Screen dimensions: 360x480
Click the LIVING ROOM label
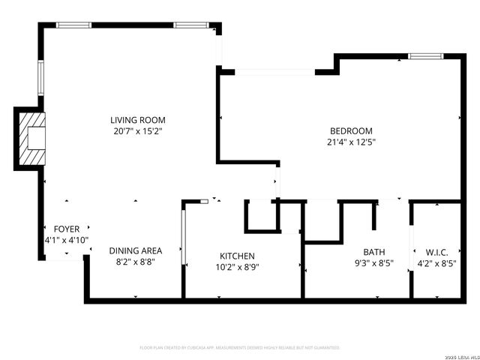pos(137,120)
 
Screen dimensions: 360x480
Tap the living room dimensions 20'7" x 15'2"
pos(137,131)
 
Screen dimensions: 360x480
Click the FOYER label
pos(66,229)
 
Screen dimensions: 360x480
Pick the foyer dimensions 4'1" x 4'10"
pos(66,241)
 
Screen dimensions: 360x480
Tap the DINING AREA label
pos(136,251)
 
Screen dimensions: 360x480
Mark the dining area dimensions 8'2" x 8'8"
pos(136,263)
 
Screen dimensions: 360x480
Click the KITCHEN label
pos(236,256)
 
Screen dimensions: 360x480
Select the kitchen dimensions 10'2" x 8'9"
pos(236,267)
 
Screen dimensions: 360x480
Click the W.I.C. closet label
pos(436,252)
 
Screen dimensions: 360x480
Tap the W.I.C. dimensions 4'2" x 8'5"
pos(436,264)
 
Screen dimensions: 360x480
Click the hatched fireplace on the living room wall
pos(32,139)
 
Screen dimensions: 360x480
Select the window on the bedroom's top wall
pos(425,55)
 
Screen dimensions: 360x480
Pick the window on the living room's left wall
pos(41,76)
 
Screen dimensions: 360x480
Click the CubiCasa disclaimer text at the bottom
pos(240,348)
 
